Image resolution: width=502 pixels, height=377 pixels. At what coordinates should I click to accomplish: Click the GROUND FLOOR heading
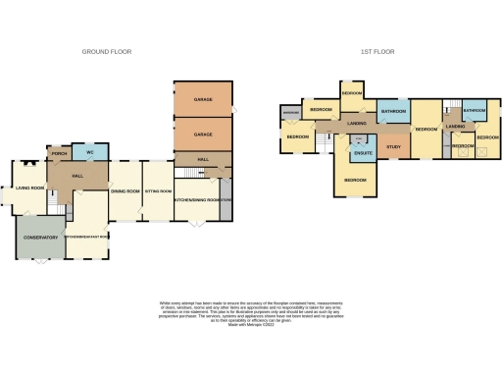click(108, 51)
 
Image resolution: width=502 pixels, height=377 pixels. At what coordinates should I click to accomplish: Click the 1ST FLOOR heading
click(377, 51)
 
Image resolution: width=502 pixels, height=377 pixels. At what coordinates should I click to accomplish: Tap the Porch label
click(57, 153)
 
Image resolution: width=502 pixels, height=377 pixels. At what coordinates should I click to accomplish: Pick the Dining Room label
click(125, 190)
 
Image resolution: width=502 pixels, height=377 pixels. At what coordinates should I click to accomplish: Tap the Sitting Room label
click(158, 190)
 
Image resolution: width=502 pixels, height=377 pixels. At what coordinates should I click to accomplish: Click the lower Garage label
click(202, 134)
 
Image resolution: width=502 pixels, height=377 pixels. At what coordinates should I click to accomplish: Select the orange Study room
click(393, 147)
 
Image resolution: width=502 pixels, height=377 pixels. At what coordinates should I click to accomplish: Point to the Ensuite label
click(362, 153)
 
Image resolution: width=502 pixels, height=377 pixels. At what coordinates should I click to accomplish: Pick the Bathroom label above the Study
click(394, 112)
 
